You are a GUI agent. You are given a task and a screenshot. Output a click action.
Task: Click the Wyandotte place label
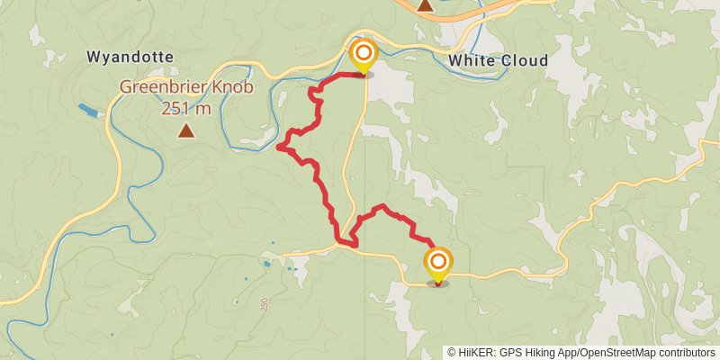click(130, 57)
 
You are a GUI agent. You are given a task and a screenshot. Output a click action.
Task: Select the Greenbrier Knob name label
click(186, 88)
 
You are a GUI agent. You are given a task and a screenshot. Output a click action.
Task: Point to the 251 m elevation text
click(186, 109)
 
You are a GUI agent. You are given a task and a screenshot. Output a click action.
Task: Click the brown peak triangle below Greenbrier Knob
click(186, 131)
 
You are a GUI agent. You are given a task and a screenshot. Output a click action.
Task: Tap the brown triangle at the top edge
click(426, 5)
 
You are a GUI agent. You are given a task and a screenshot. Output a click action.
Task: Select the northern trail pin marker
click(363, 57)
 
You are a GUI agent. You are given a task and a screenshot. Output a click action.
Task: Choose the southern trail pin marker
click(438, 265)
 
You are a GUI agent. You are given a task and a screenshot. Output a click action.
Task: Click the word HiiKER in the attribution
click(477, 352)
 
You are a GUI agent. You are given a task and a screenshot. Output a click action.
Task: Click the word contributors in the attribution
click(685, 352)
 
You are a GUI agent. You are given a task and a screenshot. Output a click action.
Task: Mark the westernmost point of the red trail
click(279, 145)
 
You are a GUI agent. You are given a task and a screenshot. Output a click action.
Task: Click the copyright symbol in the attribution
click(452, 352)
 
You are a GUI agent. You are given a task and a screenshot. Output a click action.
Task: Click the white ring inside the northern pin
click(363, 52)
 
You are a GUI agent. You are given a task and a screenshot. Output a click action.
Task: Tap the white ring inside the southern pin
click(438, 262)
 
